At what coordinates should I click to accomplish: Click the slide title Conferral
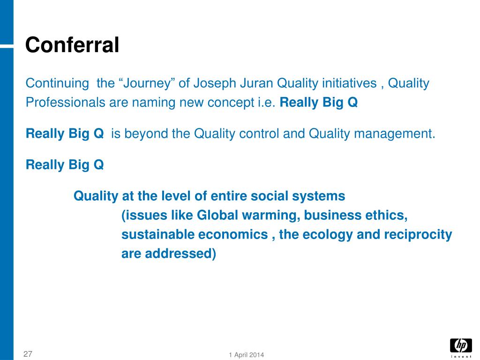pyautogui.click(x=72, y=45)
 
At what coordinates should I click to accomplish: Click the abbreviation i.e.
pyautogui.click(x=267, y=103)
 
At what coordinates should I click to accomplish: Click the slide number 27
pyautogui.click(x=28, y=354)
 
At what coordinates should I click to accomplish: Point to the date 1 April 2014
pyautogui.click(x=247, y=355)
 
